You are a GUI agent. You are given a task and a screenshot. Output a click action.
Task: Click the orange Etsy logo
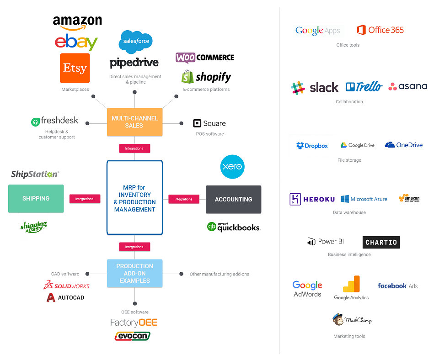click(75, 68)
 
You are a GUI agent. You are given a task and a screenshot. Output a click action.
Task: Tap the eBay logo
click(76, 42)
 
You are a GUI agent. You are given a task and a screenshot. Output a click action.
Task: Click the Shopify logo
click(206, 77)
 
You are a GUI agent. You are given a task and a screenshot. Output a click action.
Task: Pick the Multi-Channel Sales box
click(134, 122)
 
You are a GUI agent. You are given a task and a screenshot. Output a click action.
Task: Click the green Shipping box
click(36, 199)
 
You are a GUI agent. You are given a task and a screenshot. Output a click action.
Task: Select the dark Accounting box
click(233, 199)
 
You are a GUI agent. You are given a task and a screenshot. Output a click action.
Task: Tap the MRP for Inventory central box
click(134, 198)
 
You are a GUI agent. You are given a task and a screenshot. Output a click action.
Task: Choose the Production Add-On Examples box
click(134, 273)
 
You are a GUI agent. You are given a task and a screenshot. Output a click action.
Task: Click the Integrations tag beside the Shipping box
click(85, 199)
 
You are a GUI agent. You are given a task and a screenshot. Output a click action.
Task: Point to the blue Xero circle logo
click(232, 167)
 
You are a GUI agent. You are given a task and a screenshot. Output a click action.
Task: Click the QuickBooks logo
click(233, 227)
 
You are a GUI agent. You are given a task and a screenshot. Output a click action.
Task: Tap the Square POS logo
click(209, 123)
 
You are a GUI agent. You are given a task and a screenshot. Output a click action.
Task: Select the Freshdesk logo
click(54, 121)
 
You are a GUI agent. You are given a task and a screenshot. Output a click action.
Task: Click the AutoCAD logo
click(65, 297)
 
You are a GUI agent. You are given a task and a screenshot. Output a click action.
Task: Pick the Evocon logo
click(132, 336)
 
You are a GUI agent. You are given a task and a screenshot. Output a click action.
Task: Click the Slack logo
click(315, 87)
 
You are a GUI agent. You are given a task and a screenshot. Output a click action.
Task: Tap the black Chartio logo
click(381, 242)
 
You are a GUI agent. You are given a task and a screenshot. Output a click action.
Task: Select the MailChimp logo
click(352, 320)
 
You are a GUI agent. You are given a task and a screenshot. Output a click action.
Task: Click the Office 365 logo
click(380, 30)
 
